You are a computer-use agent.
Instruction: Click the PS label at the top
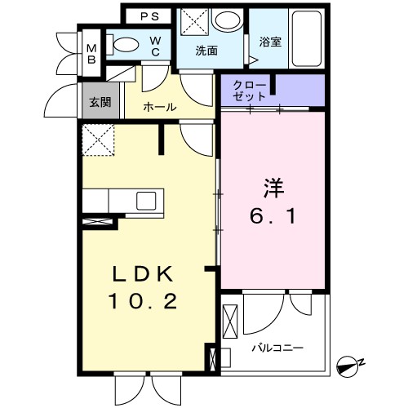tap(148, 16)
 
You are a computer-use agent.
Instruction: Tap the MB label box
tap(92, 53)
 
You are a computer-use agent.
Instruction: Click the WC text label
tap(154, 47)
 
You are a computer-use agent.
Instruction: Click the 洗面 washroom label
tap(206, 51)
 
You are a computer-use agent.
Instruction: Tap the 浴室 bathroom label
tap(270, 42)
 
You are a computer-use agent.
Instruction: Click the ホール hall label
tap(161, 107)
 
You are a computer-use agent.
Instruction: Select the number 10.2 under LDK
tap(141, 302)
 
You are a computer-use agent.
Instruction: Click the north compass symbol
tap(349, 367)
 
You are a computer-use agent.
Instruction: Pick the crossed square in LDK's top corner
tap(99, 141)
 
